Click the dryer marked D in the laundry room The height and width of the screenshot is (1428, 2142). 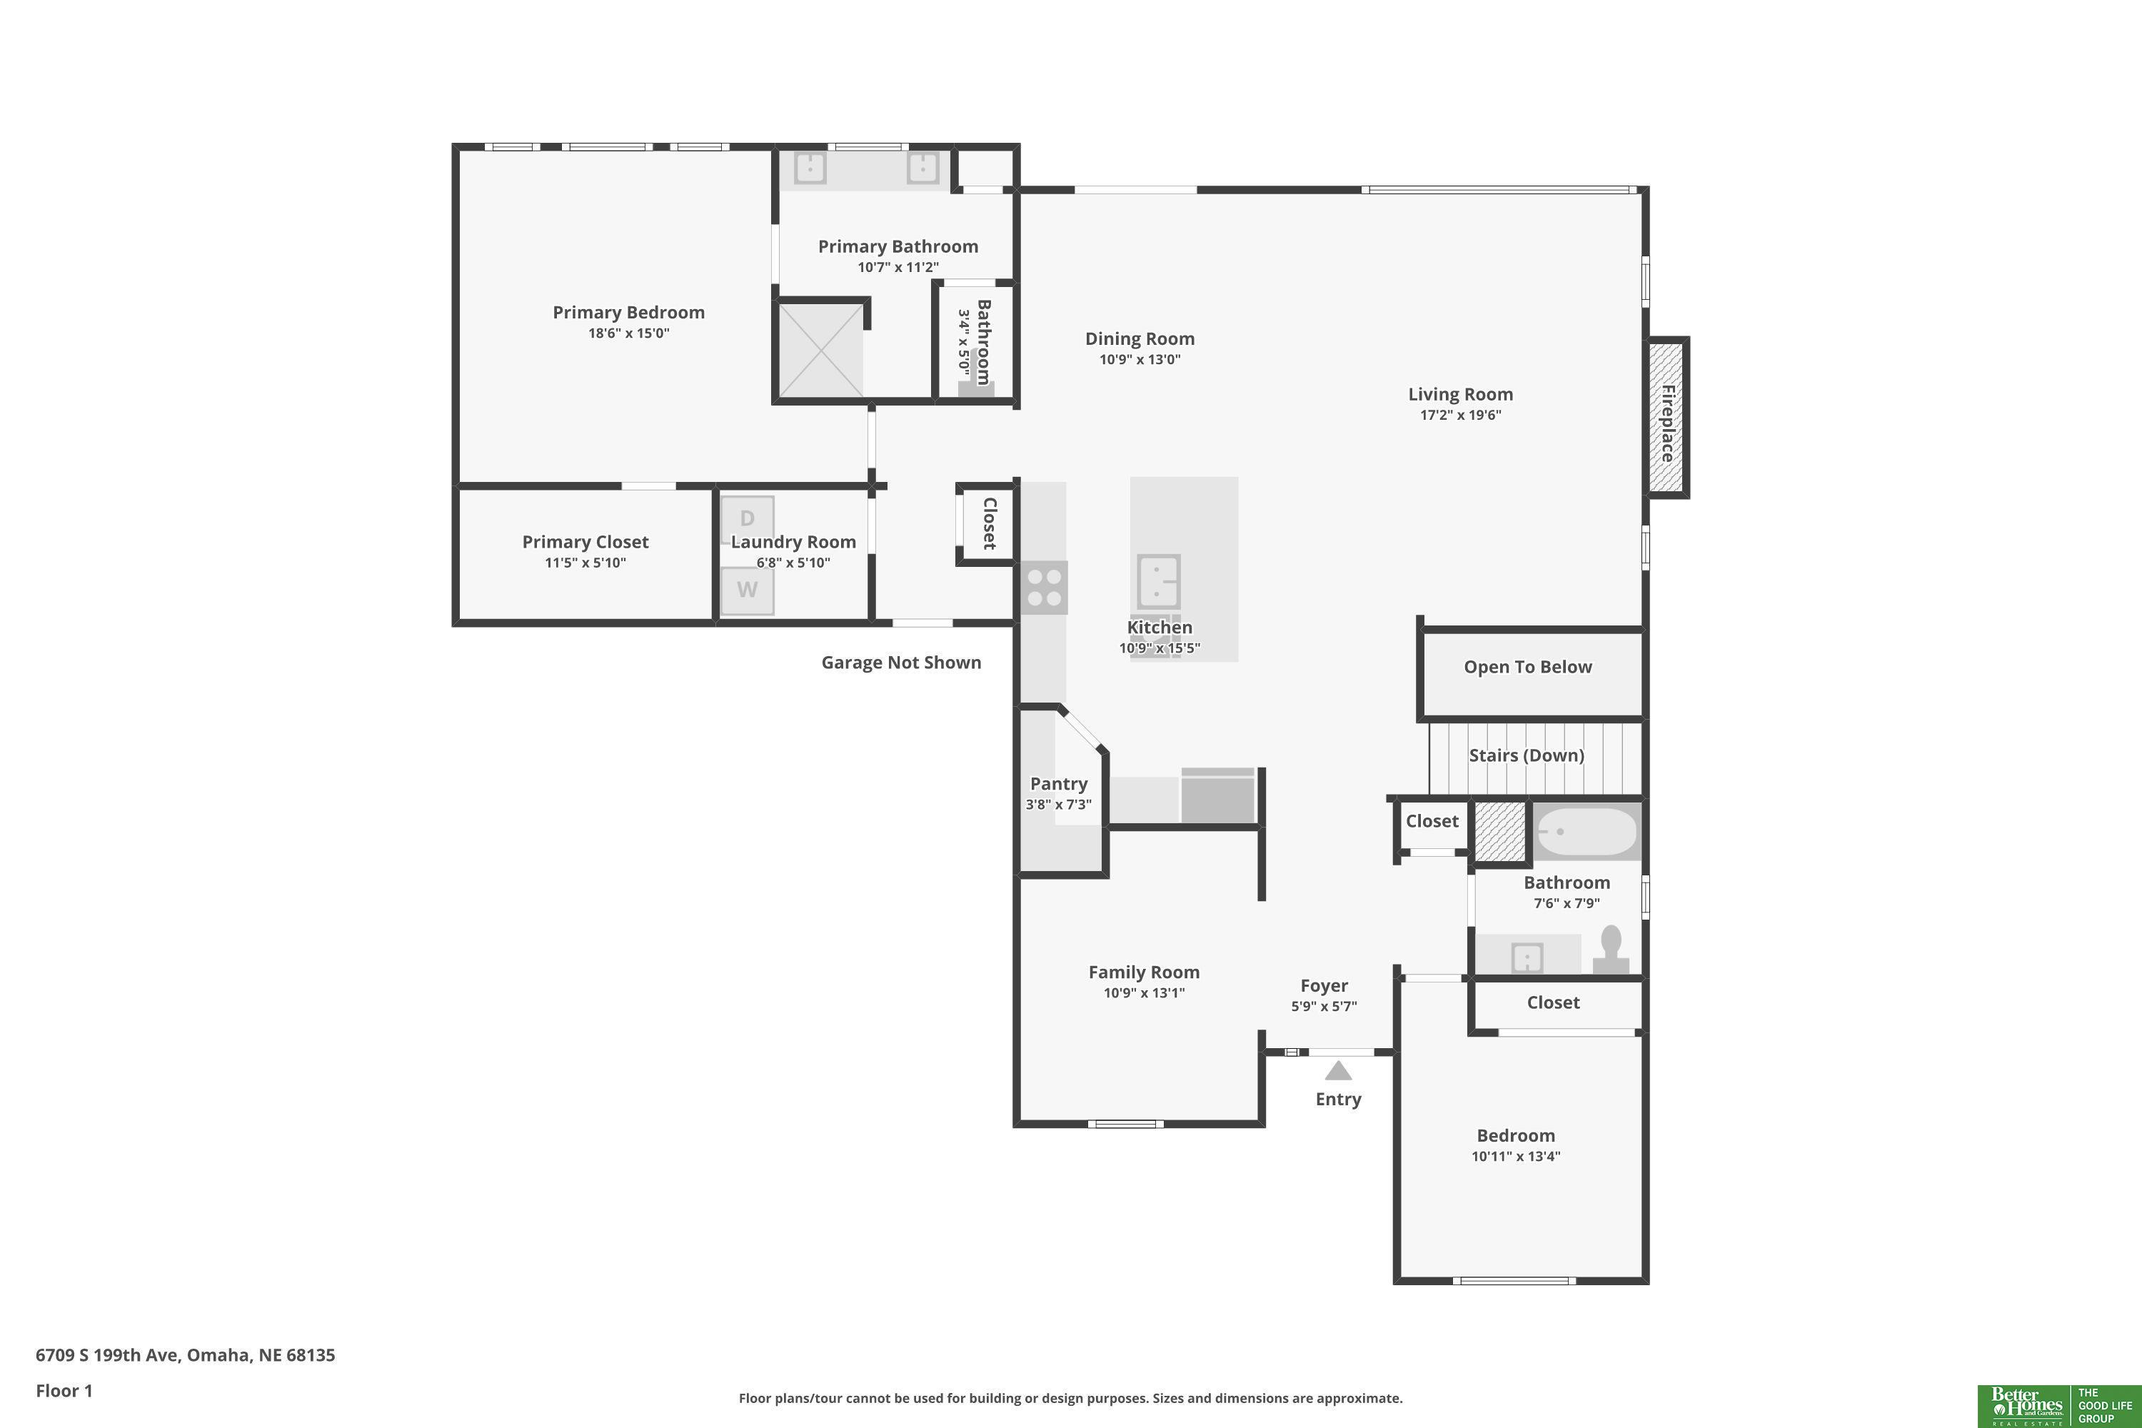click(748, 519)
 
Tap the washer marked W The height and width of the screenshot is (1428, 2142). click(748, 590)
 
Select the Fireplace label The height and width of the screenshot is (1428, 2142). click(1667, 423)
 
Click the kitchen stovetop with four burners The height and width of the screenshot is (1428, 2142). click(1044, 588)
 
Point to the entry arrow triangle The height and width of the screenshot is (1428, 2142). click(1338, 1070)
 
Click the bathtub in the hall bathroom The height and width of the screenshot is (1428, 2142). click(1587, 832)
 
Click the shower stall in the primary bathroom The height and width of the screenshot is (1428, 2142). click(820, 351)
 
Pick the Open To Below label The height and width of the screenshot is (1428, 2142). click(1528, 667)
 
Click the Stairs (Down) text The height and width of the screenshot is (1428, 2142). click(1527, 755)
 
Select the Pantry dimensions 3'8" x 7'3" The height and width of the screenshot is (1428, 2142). click(1058, 804)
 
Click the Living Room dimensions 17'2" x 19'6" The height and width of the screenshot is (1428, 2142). click(1461, 414)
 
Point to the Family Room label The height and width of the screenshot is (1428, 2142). click(1144, 972)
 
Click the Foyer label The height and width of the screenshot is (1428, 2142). click(1324, 985)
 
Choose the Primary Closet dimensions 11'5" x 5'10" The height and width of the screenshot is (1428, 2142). click(585, 562)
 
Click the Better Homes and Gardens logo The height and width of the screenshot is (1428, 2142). click(2026, 1406)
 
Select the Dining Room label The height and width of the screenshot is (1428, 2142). click(1140, 338)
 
